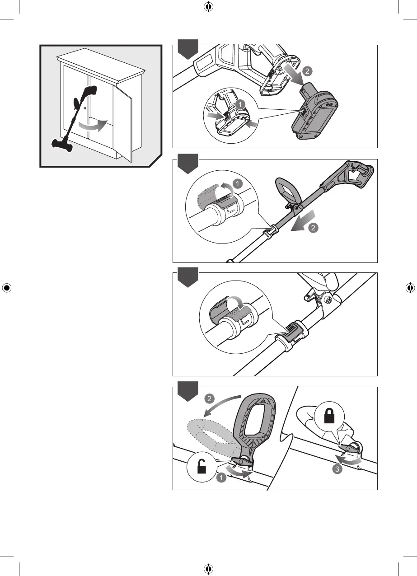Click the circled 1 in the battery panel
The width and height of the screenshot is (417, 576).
pyautogui.click(x=241, y=104)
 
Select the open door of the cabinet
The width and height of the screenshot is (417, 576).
pyautogui.click(x=122, y=122)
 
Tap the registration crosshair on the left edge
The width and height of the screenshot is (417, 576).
pyautogui.click(x=6, y=288)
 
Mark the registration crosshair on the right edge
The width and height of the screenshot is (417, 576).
pyautogui.click(x=410, y=288)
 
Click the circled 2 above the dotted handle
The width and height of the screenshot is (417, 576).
pyautogui.click(x=209, y=399)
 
